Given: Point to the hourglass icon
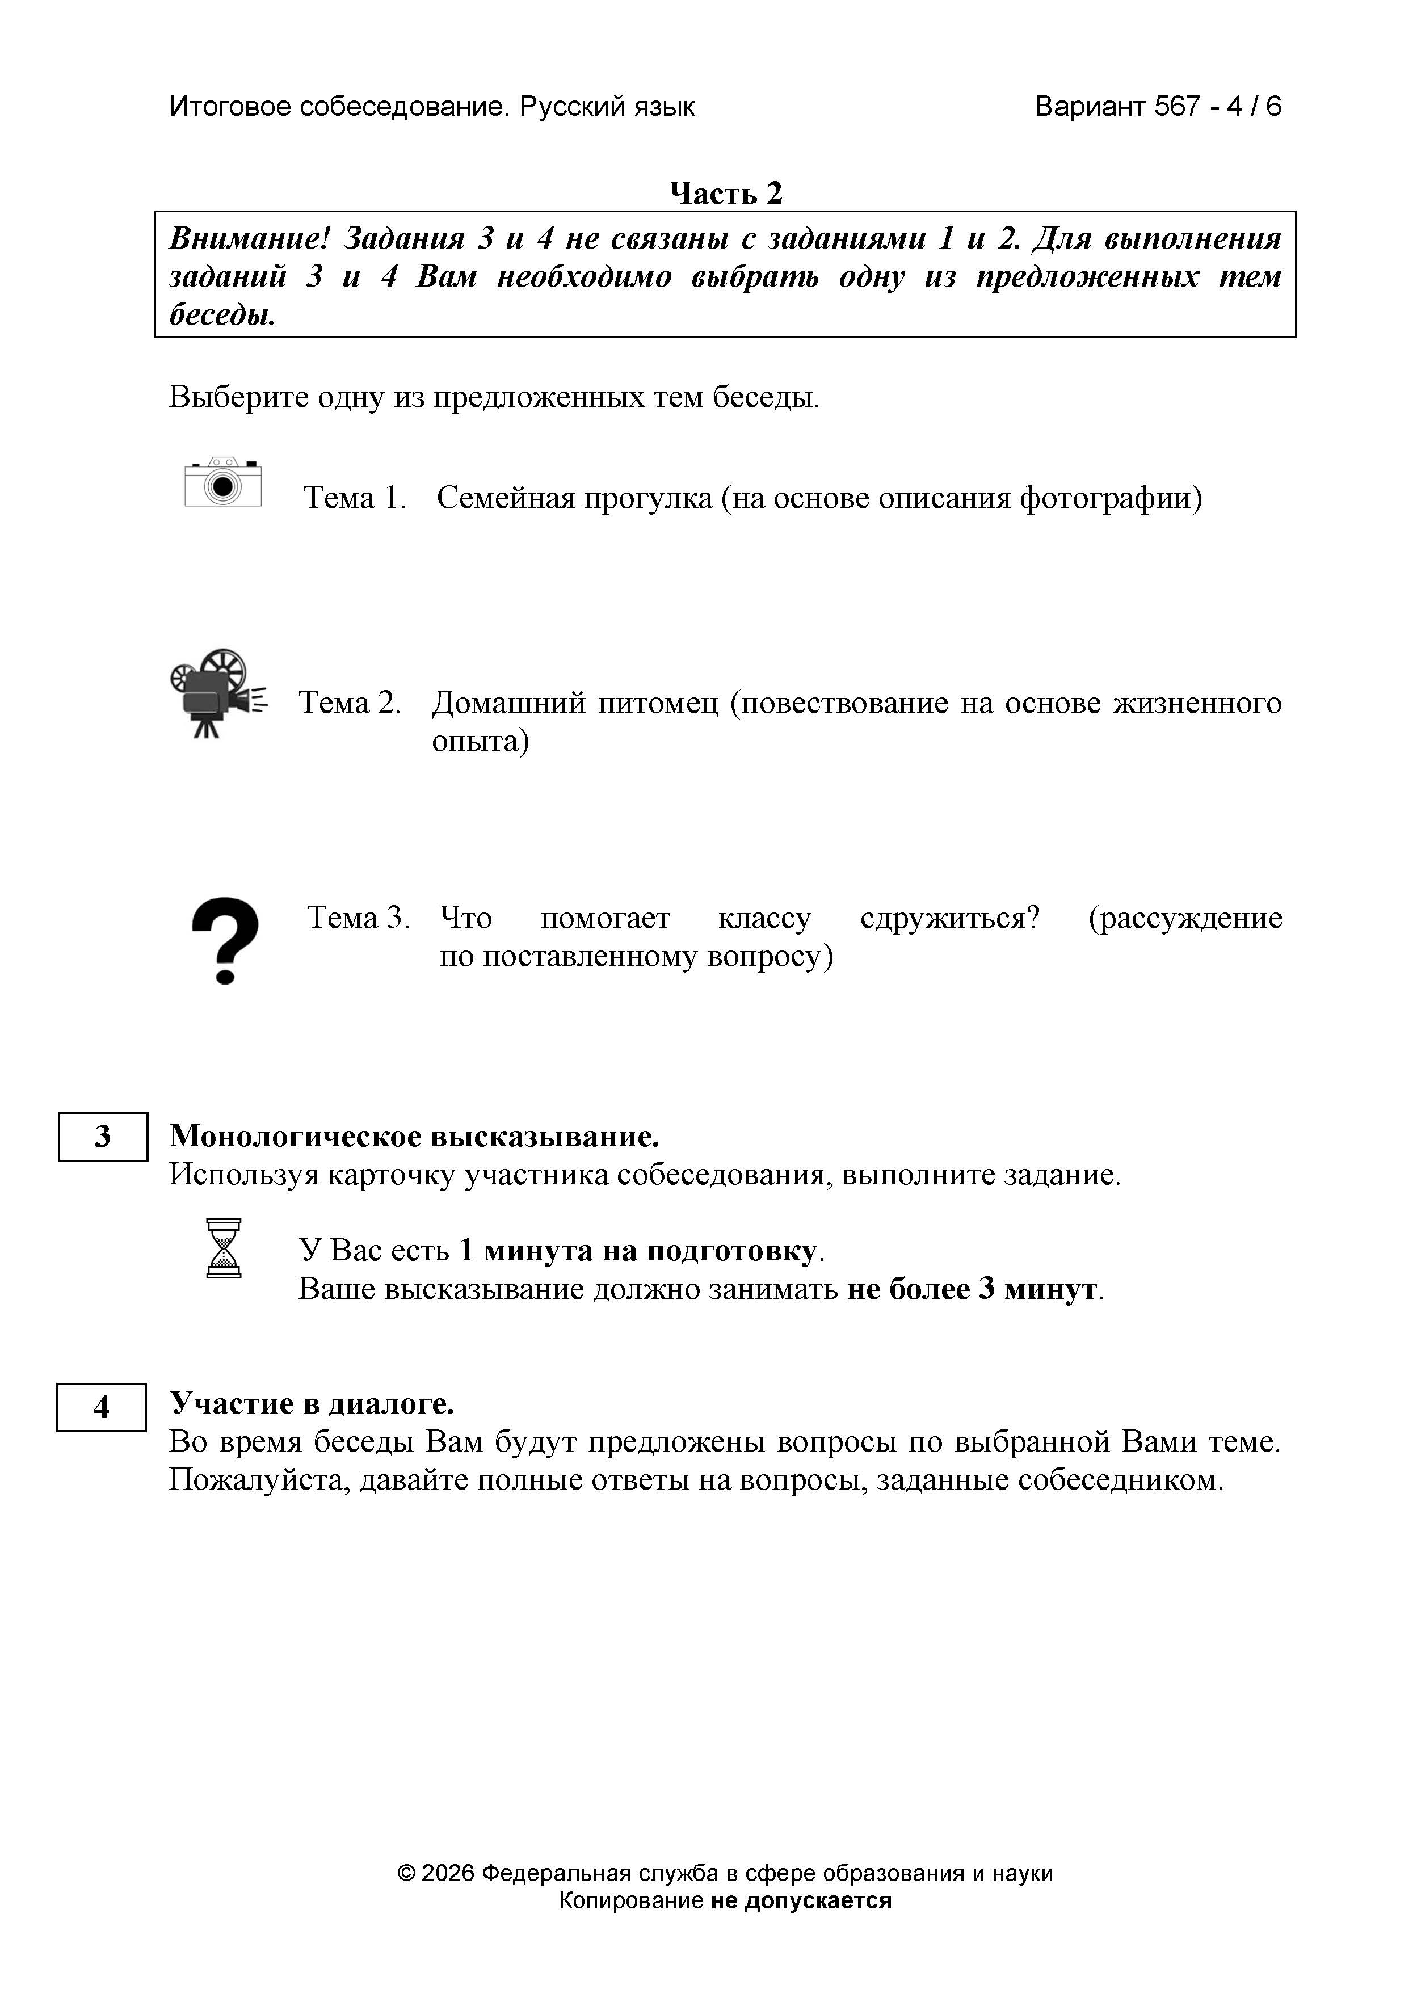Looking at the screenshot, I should [x=224, y=1248].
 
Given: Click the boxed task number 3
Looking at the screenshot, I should [x=103, y=1137].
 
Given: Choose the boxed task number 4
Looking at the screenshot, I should [x=101, y=1407].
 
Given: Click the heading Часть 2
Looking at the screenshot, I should [x=725, y=193].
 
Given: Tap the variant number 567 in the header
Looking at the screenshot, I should [x=1177, y=107].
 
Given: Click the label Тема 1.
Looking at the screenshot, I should [x=355, y=498].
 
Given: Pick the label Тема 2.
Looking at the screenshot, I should [x=350, y=703].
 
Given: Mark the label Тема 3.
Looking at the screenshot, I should [x=358, y=918].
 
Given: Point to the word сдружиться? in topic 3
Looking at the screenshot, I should [x=950, y=918].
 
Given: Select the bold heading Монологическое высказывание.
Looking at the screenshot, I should [x=414, y=1136].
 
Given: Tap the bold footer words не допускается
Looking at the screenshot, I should [x=801, y=1900].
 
